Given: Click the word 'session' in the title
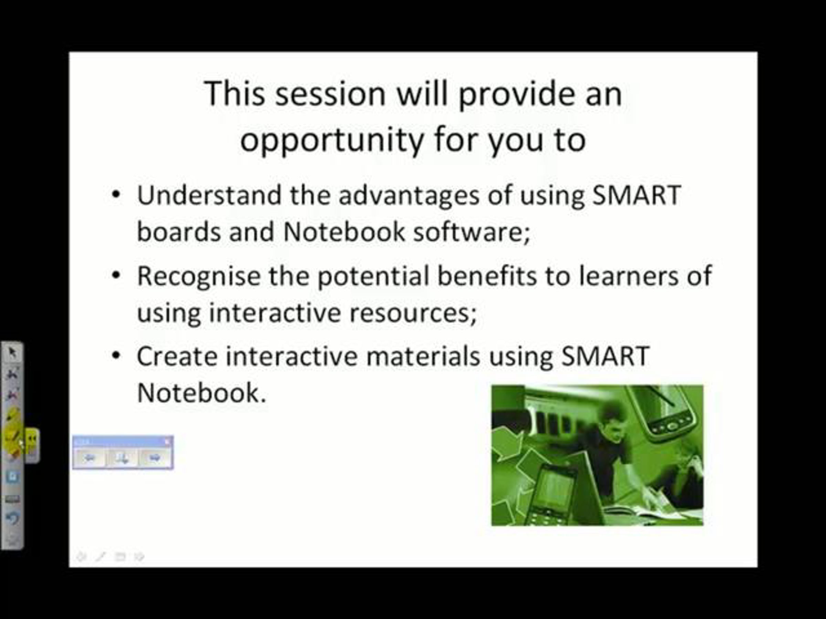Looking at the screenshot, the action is [330, 94].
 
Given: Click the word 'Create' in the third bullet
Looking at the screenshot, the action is [177, 356].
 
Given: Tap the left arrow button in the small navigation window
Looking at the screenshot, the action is [89, 457].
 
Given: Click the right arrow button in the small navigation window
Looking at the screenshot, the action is [155, 457].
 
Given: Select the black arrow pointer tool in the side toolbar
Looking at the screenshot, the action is [12, 352].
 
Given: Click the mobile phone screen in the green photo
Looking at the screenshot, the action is [555, 489].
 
